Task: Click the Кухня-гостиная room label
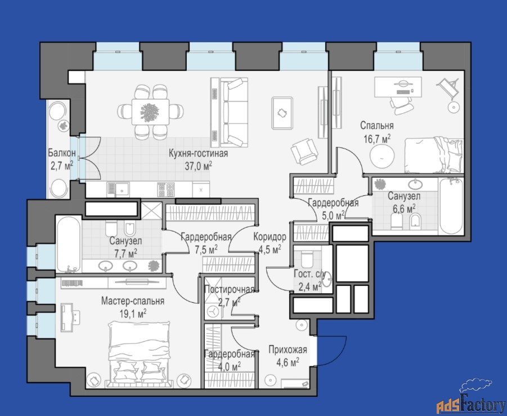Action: [x=198, y=153]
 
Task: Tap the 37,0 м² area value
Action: [x=198, y=166]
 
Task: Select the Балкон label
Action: [x=62, y=152]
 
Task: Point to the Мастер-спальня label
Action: [x=133, y=301]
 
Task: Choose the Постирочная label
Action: [x=230, y=289]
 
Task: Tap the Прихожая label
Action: [x=288, y=350]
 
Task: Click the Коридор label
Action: [x=270, y=237]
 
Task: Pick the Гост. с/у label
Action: [x=309, y=274]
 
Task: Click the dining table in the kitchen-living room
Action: [x=150, y=112]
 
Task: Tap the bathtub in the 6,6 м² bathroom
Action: [x=451, y=207]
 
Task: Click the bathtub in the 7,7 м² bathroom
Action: [x=69, y=244]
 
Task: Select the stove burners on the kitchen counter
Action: [x=166, y=189]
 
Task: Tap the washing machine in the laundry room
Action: [x=213, y=312]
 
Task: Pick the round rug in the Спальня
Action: [x=382, y=157]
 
